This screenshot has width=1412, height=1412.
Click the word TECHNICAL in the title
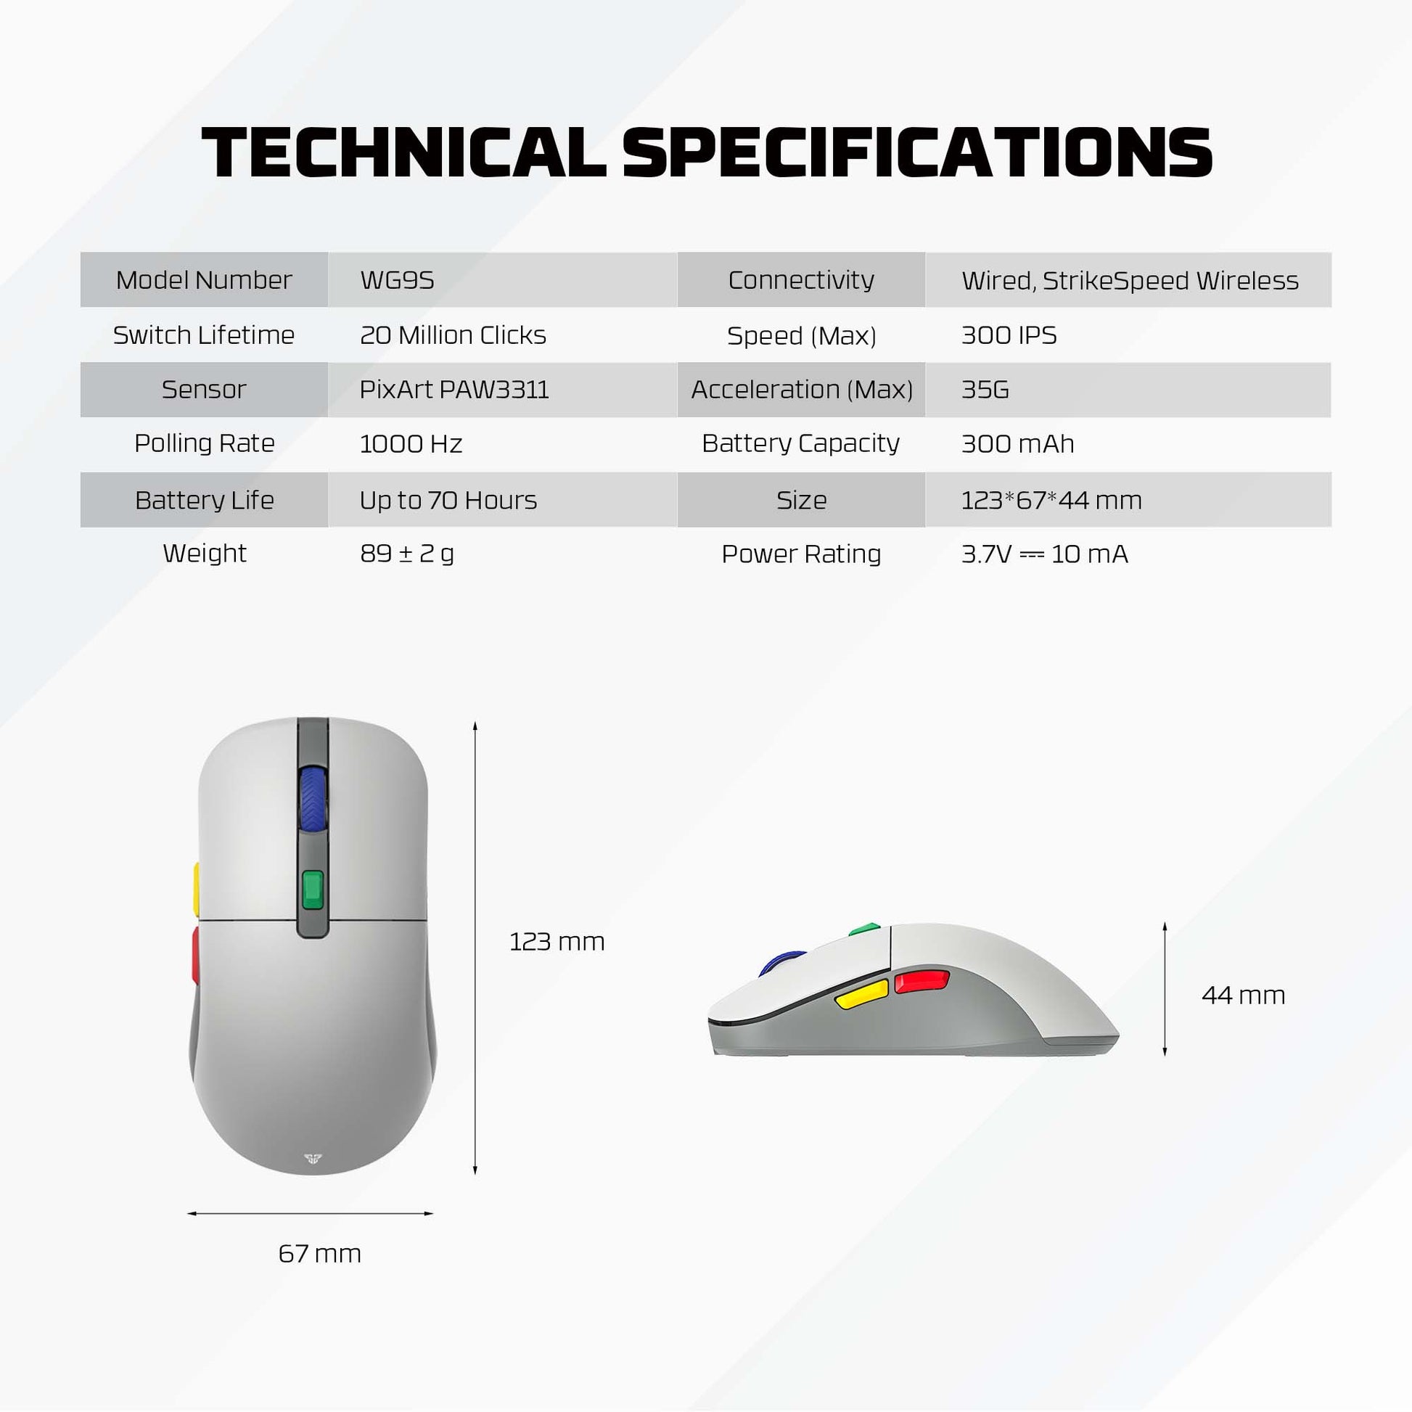pos(403,153)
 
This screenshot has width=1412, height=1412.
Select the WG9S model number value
pos(397,280)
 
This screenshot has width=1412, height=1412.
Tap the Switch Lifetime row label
pos(204,334)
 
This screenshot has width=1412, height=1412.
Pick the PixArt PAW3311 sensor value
pos(454,390)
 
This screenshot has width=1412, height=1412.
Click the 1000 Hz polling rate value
pos(411,443)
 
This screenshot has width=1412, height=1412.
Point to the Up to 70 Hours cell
pos(448,500)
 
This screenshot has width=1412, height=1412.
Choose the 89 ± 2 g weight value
pos(407,553)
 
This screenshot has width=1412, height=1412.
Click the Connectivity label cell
pos(801,280)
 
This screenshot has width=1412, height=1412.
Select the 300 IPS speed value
pos(1009,334)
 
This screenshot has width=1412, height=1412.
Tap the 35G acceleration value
pos(985,390)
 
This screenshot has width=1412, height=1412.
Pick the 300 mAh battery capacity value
pos(1017,443)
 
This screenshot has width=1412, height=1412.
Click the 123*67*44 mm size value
pos(1051,500)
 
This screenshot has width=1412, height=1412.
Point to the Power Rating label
pos(801,554)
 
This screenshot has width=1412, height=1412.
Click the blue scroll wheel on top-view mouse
pos(313,798)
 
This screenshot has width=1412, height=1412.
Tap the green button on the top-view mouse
pos(313,890)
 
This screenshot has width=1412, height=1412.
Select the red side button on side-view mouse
pos(922,981)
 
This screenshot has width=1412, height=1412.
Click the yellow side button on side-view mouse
pos(862,995)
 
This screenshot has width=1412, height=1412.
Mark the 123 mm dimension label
pos(557,941)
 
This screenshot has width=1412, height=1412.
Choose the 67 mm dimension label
pos(319,1253)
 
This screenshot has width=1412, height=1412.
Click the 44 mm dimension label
pos(1243,995)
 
